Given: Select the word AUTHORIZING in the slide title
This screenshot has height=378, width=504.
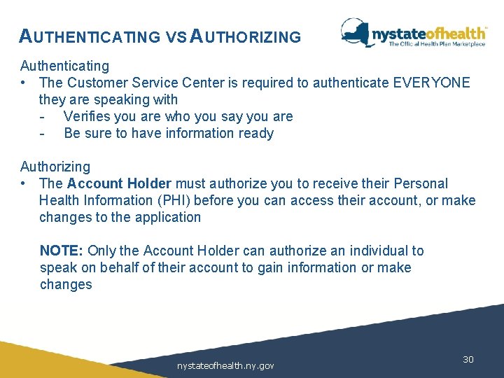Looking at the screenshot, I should pyautogui.click(x=246, y=36).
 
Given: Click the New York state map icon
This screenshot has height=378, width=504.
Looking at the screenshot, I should pyautogui.click(x=356, y=33).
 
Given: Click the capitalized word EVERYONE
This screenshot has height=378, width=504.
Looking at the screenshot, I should pyautogui.click(x=431, y=83).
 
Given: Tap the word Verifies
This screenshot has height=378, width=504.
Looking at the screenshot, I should pyautogui.click(x=89, y=116).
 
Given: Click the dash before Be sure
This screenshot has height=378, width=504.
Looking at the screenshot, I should pyautogui.click(x=43, y=133).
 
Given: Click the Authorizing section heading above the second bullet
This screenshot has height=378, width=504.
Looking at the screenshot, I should pyautogui.click(x=55, y=167).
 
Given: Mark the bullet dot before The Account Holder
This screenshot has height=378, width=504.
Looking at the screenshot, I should pyautogui.click(x=24, y=183).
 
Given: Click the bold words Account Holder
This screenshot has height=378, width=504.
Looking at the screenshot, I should pyautogui.click(x=119, y=183).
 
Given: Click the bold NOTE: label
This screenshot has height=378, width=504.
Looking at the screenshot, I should pyautogui.click(x=62, y=251).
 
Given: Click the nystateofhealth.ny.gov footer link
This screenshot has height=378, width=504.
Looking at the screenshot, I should pyautogui.click(x=225, y=365).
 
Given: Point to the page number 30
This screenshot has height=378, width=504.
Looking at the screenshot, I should pyautogui.click(x=468, y=359).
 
